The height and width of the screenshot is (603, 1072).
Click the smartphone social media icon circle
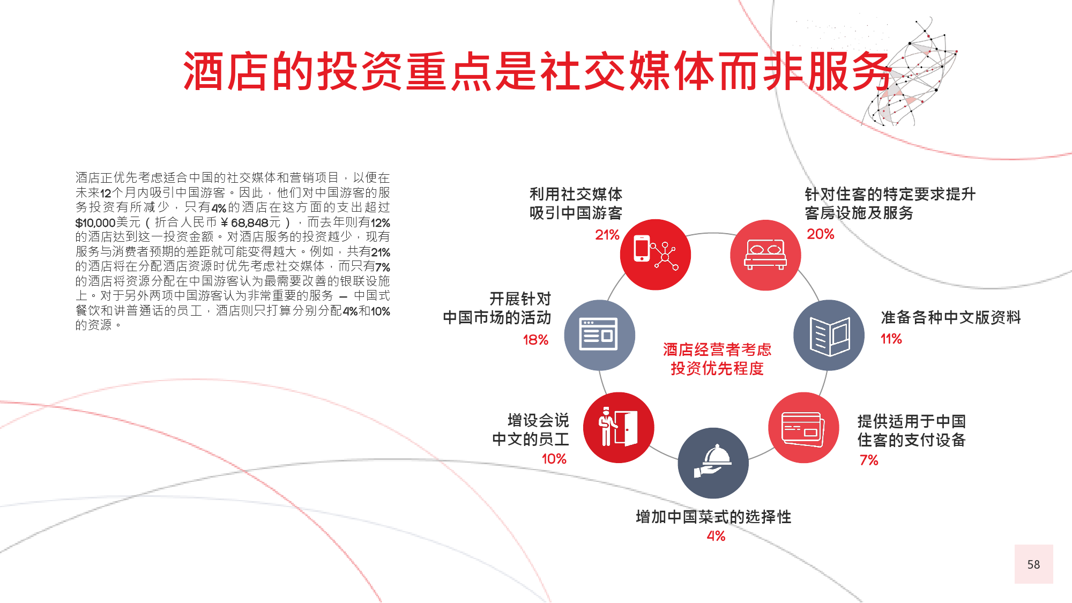[x=655, y=255]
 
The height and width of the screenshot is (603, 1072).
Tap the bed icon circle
[x=765, y=255]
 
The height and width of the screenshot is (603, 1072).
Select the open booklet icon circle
[x=829, y=335]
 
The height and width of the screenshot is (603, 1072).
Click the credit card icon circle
[x=803, y=428]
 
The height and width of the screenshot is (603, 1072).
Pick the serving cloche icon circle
[x=713, y=463]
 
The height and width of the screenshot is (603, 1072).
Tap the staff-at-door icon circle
[x=619, y=428]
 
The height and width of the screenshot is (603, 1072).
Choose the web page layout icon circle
[x=599, y=335]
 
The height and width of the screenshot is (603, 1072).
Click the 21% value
[x=607, y=235]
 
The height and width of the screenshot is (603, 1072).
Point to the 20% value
[x=821, y=234]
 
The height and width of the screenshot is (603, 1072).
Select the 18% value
[x=535, y=340]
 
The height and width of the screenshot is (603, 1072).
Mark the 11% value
[x=891, y=339]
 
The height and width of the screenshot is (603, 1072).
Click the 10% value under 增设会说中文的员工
[x=554, y=459]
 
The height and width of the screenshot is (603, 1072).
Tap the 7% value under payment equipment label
[x=869, y=460]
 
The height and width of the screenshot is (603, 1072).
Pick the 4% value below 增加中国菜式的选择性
[x=716, y=536]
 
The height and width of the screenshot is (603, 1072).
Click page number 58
[x=1033, y=564]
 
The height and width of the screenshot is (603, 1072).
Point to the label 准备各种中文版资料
[x=951, y=317]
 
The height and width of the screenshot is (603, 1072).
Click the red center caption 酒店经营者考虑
[x=717, y=349]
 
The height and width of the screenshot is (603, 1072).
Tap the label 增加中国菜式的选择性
[x=713, y=517]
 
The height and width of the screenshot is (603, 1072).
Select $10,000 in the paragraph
[x=95, y=222]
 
